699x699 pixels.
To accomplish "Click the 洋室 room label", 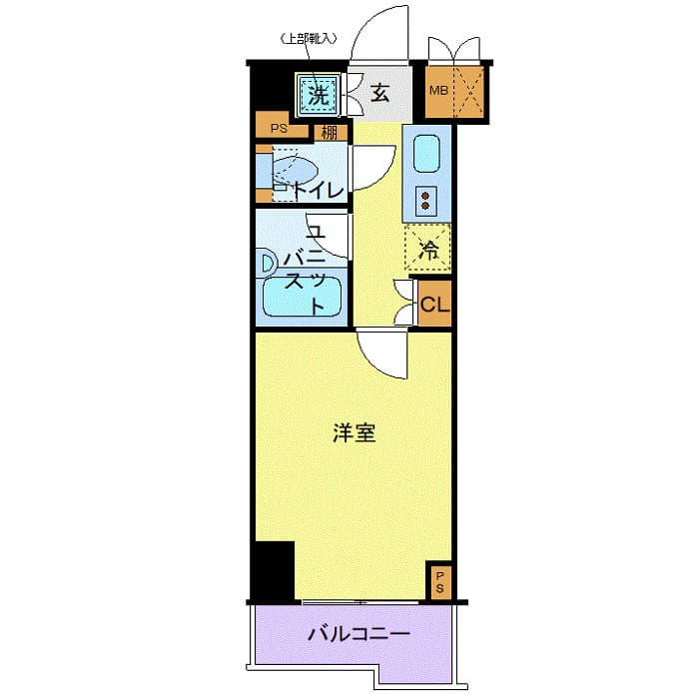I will pyautogui.click(x=354, y=433).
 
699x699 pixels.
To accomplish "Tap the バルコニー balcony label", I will pyautogui.click(x=358, y=634).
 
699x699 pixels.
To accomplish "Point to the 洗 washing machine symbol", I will pyautogui.click(x=318, y=96).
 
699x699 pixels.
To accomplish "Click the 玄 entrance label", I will pyautogui.click(x=379, y=95).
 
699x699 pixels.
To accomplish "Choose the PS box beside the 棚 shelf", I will pyautogui.click(x=279, y=129).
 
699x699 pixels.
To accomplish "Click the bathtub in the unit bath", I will pyautogui.click(x=301, y=298).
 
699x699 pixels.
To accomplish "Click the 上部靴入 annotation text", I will pyautogui.click(x=308, y=40).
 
